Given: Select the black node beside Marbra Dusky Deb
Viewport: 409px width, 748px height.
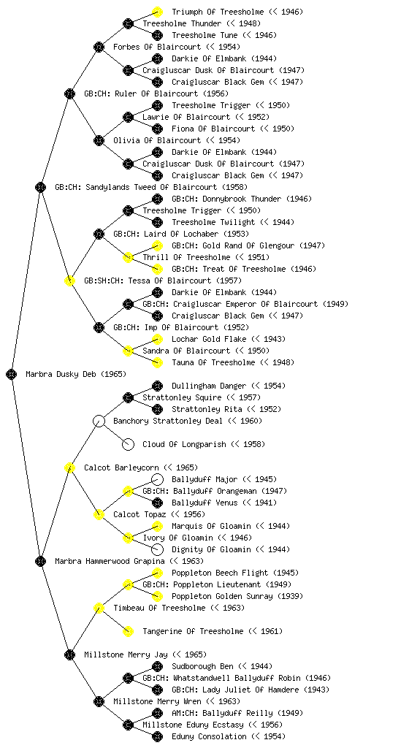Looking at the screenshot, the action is (12, 374).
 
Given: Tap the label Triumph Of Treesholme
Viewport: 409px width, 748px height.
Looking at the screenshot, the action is (218, 12).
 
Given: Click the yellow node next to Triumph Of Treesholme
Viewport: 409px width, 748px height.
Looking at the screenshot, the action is (157, 12).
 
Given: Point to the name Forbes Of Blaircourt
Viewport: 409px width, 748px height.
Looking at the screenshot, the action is (157, 47).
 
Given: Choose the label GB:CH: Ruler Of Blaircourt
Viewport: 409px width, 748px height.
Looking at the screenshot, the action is (141, 93).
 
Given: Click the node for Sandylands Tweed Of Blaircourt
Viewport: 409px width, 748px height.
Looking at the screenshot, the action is (40, 187).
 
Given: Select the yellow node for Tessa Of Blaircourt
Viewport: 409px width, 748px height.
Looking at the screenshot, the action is (69, 280).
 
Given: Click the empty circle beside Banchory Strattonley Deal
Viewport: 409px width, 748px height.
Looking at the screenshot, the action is (99, 421).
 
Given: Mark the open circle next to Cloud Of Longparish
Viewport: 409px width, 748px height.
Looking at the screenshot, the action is (128, 444).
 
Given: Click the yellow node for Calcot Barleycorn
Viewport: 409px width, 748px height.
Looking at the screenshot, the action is (69, 467).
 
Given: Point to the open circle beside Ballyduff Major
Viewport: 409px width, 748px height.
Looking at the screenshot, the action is (157, 479).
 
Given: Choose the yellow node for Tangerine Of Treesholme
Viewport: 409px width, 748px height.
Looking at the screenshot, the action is (128, 631).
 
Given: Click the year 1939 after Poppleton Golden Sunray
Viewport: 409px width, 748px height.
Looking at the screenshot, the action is (290, 596).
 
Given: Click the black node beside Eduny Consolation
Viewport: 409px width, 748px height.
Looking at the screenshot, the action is (157, 736).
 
